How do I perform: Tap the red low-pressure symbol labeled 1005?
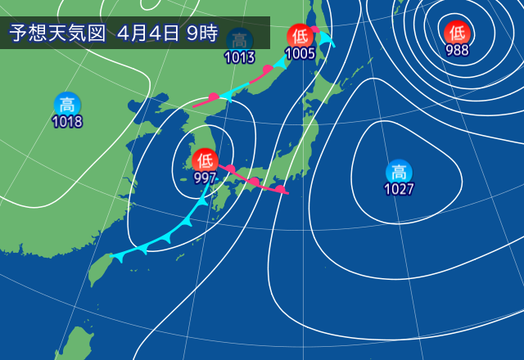tap(299, 36)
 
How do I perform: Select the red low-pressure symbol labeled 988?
tap(457, 32)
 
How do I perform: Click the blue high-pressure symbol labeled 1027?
tap(399, 172)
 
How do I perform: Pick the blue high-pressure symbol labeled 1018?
tap(67, 104)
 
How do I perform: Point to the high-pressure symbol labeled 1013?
tap(239, 40)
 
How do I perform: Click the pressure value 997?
tap(205, 178)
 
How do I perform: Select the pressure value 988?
tap(457, 50)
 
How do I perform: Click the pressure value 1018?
tap(67, 122)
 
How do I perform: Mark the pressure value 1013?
tap(239, 58)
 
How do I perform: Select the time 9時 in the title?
tap(200, 34)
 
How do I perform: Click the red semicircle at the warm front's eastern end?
tap(281, 190)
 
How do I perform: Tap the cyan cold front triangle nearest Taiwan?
tap(120, 256)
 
